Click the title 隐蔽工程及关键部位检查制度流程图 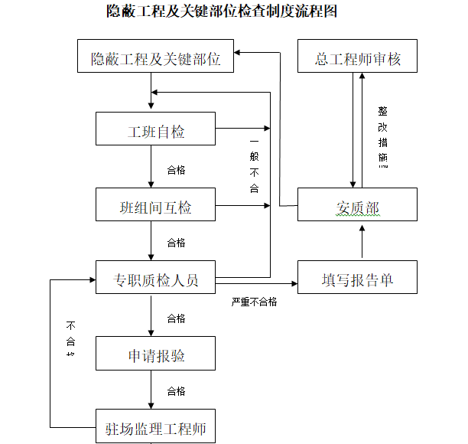[222, 12]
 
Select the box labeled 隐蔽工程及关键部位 [156, 58]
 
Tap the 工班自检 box [156, 132]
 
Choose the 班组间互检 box [156, 207]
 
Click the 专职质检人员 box [156, 280]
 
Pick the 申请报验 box [156, 356]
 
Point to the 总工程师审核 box [357, 58]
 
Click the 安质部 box [357, 207]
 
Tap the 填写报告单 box [357, 280]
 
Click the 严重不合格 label [255, 302]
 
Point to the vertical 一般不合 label [255, 165]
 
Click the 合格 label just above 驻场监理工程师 [176, 391]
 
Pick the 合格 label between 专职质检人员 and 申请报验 [176, 318]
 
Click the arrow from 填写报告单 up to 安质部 [358, 243]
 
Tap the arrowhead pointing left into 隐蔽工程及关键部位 [239, 52]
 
